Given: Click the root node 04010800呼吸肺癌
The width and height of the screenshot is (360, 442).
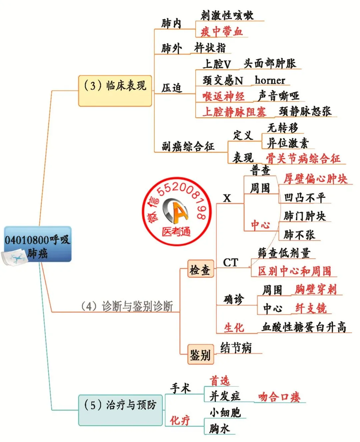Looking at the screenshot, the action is click(38, 244).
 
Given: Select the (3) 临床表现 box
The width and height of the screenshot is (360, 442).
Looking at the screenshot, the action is click(115, 90).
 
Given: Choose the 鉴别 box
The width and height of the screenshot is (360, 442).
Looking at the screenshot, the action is click(200, 354).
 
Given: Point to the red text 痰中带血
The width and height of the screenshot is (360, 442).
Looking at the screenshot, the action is click(221, 31).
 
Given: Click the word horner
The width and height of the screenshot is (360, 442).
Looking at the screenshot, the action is click(270, 80).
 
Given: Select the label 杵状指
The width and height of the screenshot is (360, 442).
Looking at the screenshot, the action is click(210, 48).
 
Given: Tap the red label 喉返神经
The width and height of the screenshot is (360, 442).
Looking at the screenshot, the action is click(223, 96).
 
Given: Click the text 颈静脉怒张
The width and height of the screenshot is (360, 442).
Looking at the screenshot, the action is click(305, 111).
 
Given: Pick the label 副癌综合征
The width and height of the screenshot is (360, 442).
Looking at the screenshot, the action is click(188, 146).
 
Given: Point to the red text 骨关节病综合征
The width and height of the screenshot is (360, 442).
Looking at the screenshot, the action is click(303, 158).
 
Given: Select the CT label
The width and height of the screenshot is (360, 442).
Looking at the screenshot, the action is click(231, 262).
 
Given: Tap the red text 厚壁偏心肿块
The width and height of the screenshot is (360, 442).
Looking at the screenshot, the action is click(315, 179).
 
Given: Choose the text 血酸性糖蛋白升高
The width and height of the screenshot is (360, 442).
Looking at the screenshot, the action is click(304, 327).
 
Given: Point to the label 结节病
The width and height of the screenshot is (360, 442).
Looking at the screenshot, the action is click(236, 348).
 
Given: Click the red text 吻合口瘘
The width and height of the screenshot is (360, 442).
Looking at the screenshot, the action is click(279, 397).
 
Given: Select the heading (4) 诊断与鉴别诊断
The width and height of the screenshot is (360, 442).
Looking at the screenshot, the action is click(127, 306).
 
